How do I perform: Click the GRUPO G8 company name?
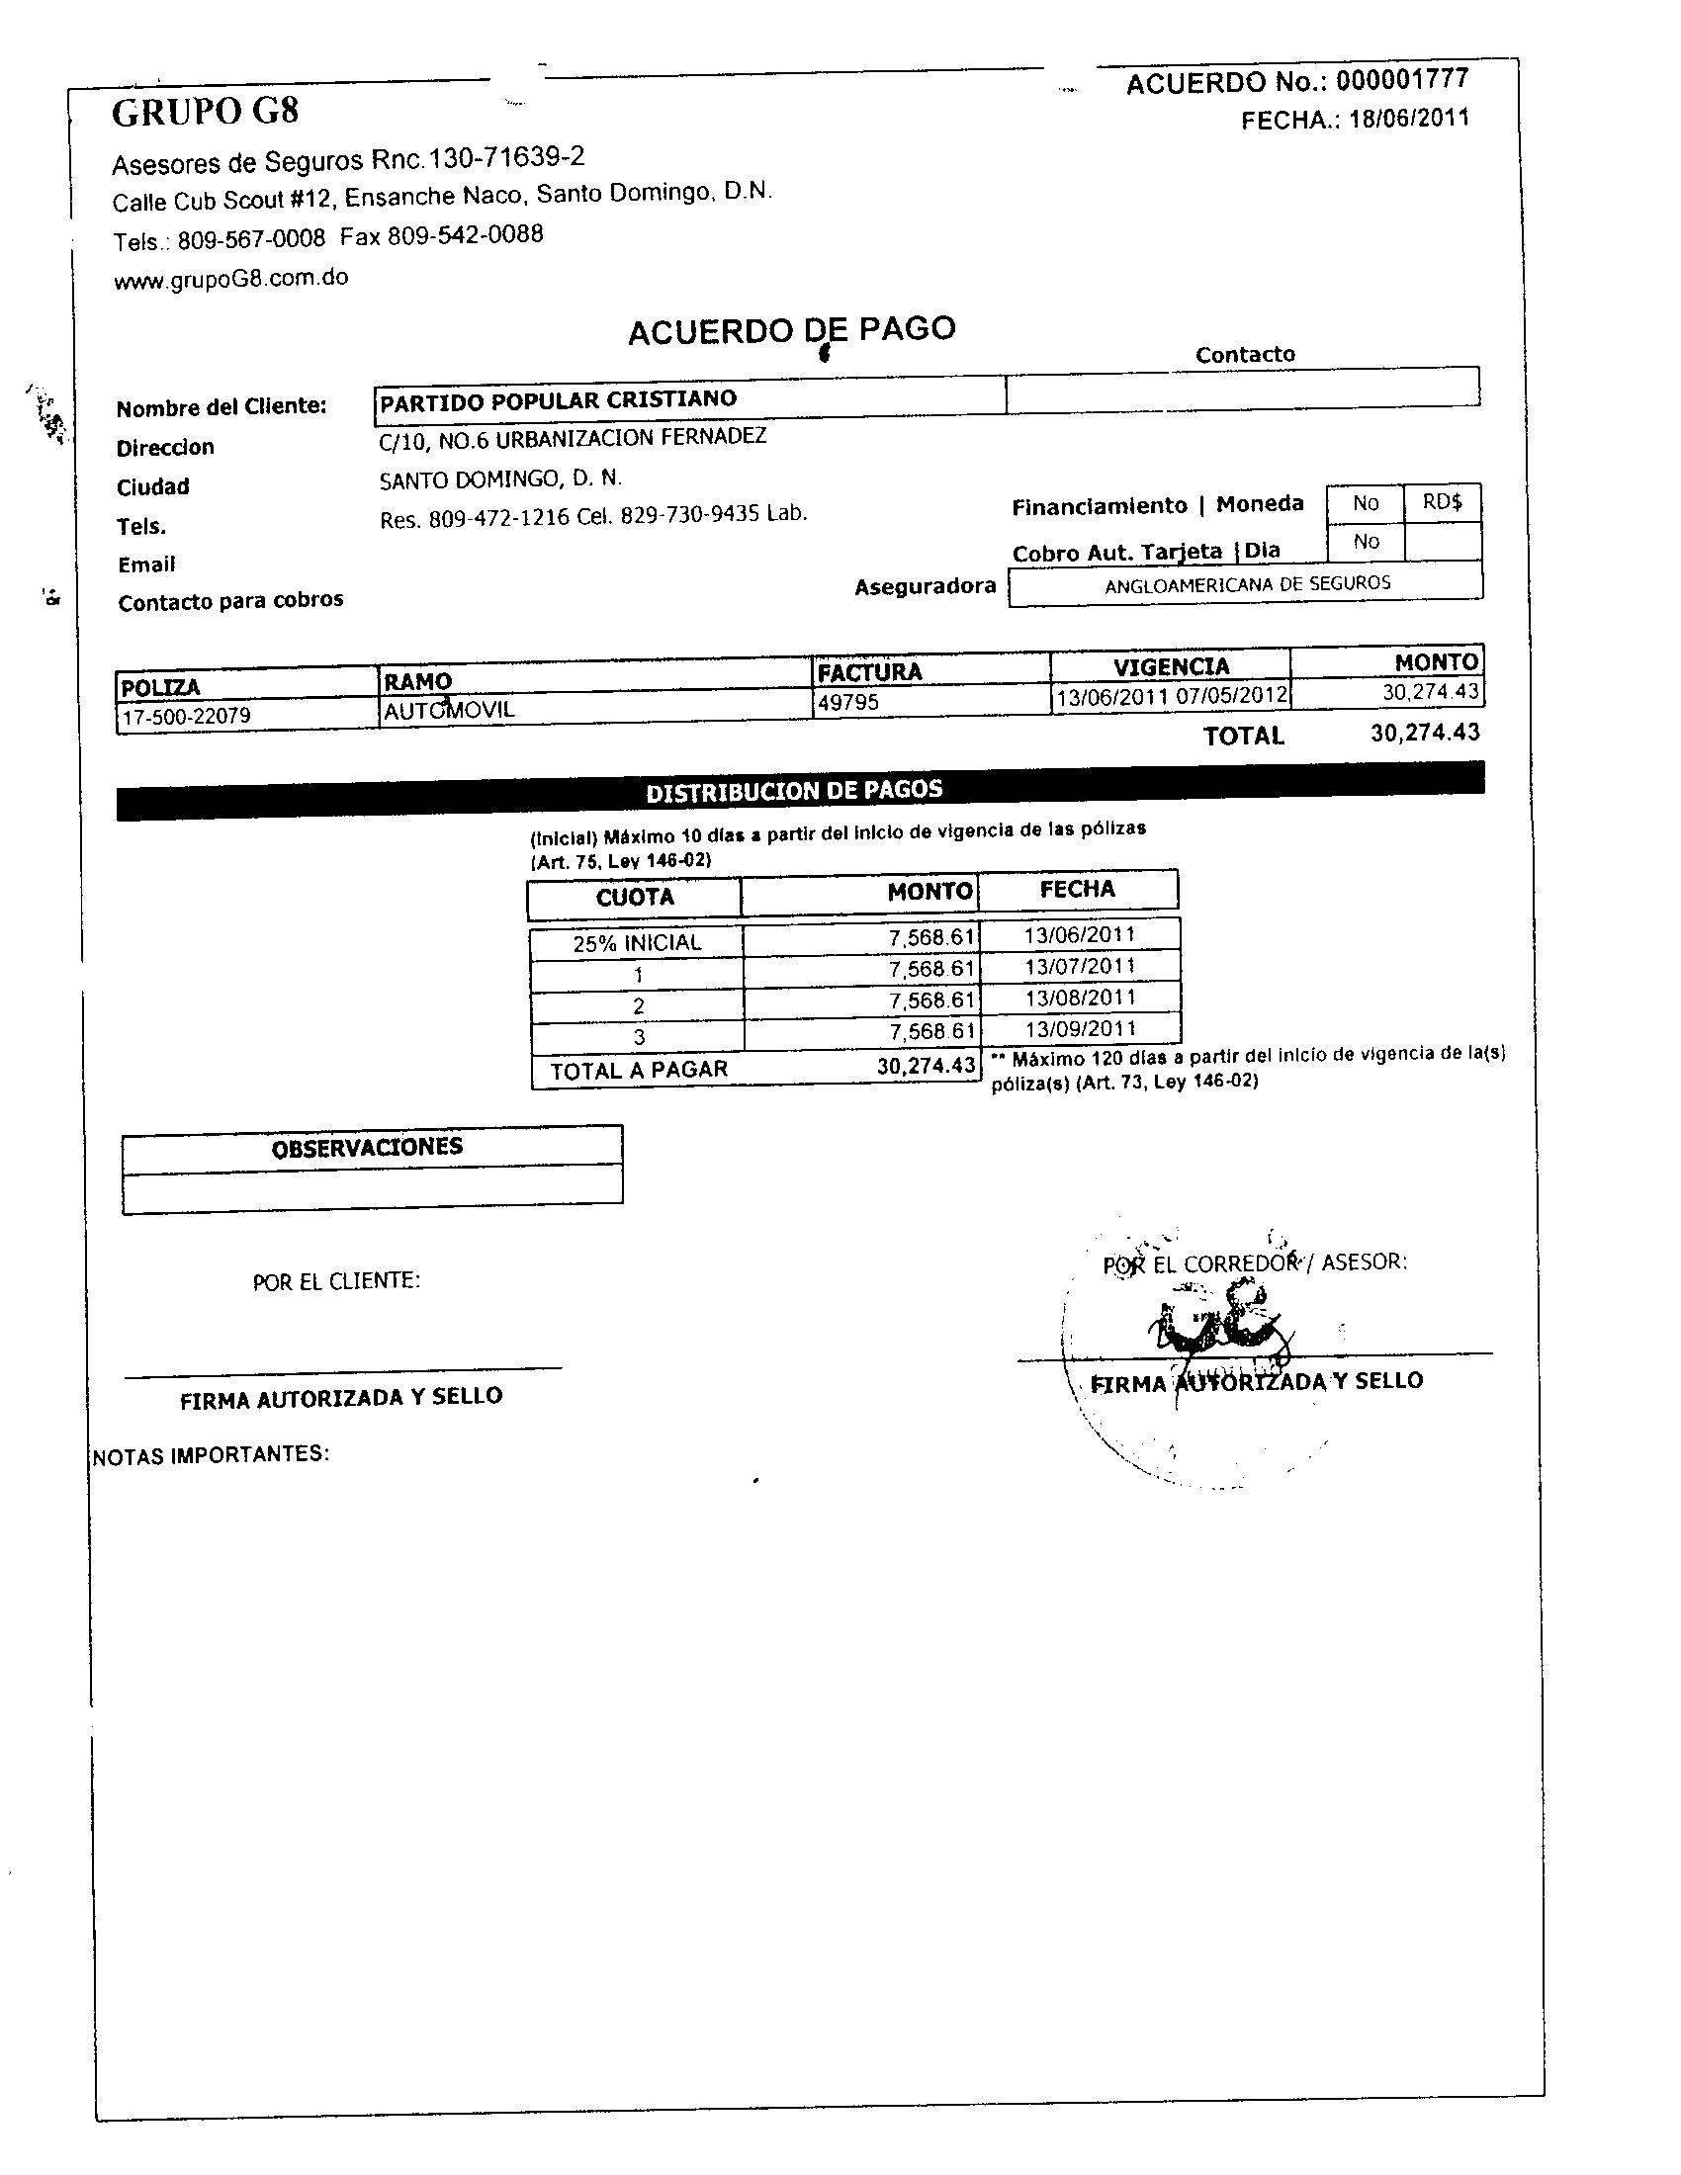click(x=205, y=112)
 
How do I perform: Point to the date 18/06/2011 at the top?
click(x=1409, y=119)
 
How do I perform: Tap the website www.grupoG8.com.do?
click(x=231, y=279)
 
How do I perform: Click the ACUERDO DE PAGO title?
click(x=792, y=329)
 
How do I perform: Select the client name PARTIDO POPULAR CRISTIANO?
click(x=558, y=399)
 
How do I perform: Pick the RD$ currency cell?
click(x=1442, y=502)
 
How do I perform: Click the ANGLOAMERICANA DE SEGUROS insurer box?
click(x=1247, y=583)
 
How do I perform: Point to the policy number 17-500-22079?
click(x=185, y=716)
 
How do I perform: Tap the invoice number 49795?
click(x=847, y=702)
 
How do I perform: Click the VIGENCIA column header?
click(x=1170, y=665)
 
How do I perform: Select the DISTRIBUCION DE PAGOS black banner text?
click(x=794, y=791)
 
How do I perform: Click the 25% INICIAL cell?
click(x=637, y=942)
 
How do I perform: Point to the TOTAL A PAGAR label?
click(x=639, y=1070)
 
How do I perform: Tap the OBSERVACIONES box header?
click(x=368, y=1146)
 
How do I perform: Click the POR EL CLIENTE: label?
click(x=335, y=1280)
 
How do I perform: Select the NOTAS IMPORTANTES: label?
click(x=212, y=1454)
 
